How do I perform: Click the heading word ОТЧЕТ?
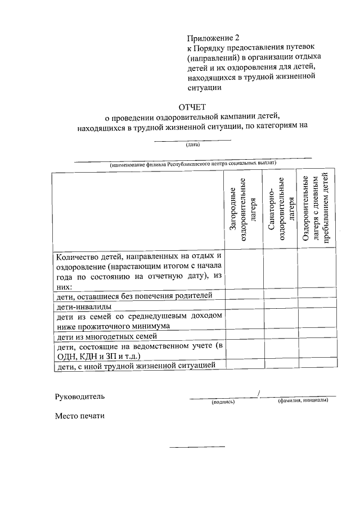193,107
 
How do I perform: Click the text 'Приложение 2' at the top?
213,38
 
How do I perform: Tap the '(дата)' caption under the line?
193,145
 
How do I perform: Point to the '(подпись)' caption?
223,402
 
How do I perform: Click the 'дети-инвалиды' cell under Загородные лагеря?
245,307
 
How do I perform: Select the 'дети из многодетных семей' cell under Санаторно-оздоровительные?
281,337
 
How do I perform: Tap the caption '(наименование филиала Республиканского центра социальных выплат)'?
193,164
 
